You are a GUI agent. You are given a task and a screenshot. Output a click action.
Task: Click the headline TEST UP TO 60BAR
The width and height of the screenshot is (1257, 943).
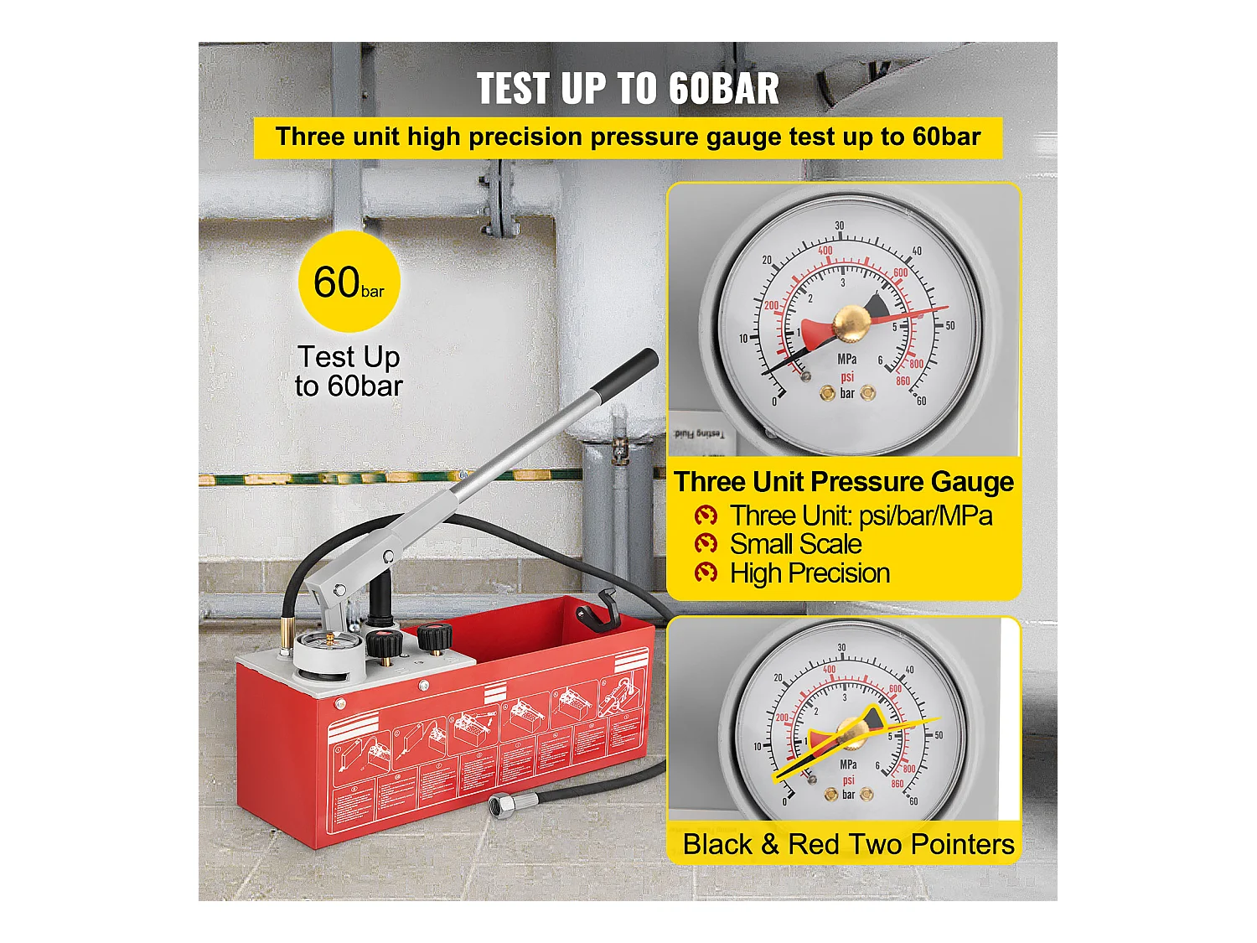(628, 88)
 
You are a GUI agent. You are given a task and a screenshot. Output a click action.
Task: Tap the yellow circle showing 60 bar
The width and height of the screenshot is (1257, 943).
(349, 282)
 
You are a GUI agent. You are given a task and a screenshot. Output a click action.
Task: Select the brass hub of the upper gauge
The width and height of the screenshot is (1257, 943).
(850, 323)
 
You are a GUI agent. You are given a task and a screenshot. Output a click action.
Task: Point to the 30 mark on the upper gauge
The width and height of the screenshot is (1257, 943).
(840, 225)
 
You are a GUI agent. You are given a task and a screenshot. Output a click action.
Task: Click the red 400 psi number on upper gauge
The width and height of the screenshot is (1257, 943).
(825, 251)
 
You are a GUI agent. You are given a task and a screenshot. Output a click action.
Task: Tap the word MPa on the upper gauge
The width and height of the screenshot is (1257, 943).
(847, 359)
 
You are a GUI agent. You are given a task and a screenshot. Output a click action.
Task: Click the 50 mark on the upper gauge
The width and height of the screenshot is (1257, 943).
(949, 325)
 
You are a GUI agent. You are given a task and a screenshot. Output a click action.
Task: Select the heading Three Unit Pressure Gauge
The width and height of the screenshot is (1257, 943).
(844, 482)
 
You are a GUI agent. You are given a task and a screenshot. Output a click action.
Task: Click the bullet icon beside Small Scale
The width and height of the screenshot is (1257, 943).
(706, 544)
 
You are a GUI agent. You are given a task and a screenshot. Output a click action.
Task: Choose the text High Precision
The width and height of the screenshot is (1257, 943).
(810, 573)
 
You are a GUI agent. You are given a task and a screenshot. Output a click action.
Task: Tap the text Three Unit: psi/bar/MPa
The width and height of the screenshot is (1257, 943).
(861, 516)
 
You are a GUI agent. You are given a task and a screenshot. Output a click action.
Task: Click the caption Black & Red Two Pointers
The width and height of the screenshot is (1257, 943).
(848, 844)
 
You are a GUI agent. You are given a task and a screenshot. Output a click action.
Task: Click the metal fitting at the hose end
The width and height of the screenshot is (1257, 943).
(502, 806)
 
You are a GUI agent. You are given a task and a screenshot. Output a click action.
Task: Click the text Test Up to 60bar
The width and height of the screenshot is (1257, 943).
(349, 371)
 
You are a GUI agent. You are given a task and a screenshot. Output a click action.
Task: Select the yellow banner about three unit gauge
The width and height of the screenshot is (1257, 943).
(628, 137)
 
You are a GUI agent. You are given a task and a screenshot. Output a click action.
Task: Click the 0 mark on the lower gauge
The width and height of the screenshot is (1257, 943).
(784, 802)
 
